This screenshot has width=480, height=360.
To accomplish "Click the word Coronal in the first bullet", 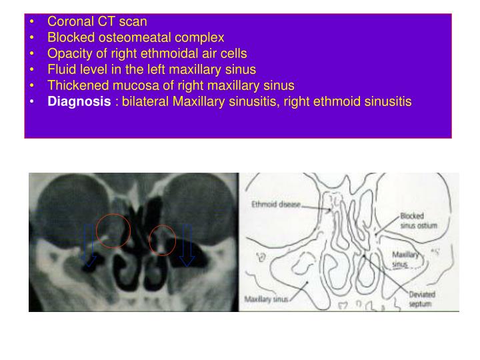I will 69,21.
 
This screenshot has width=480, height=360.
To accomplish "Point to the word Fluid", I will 61,69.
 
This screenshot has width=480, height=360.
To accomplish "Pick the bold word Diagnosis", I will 79,102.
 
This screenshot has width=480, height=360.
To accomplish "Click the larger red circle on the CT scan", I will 113,231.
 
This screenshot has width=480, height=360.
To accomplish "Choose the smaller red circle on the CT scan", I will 162,241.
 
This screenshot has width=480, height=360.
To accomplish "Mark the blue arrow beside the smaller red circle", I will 186,245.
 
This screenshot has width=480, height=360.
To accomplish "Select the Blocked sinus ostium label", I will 418,221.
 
